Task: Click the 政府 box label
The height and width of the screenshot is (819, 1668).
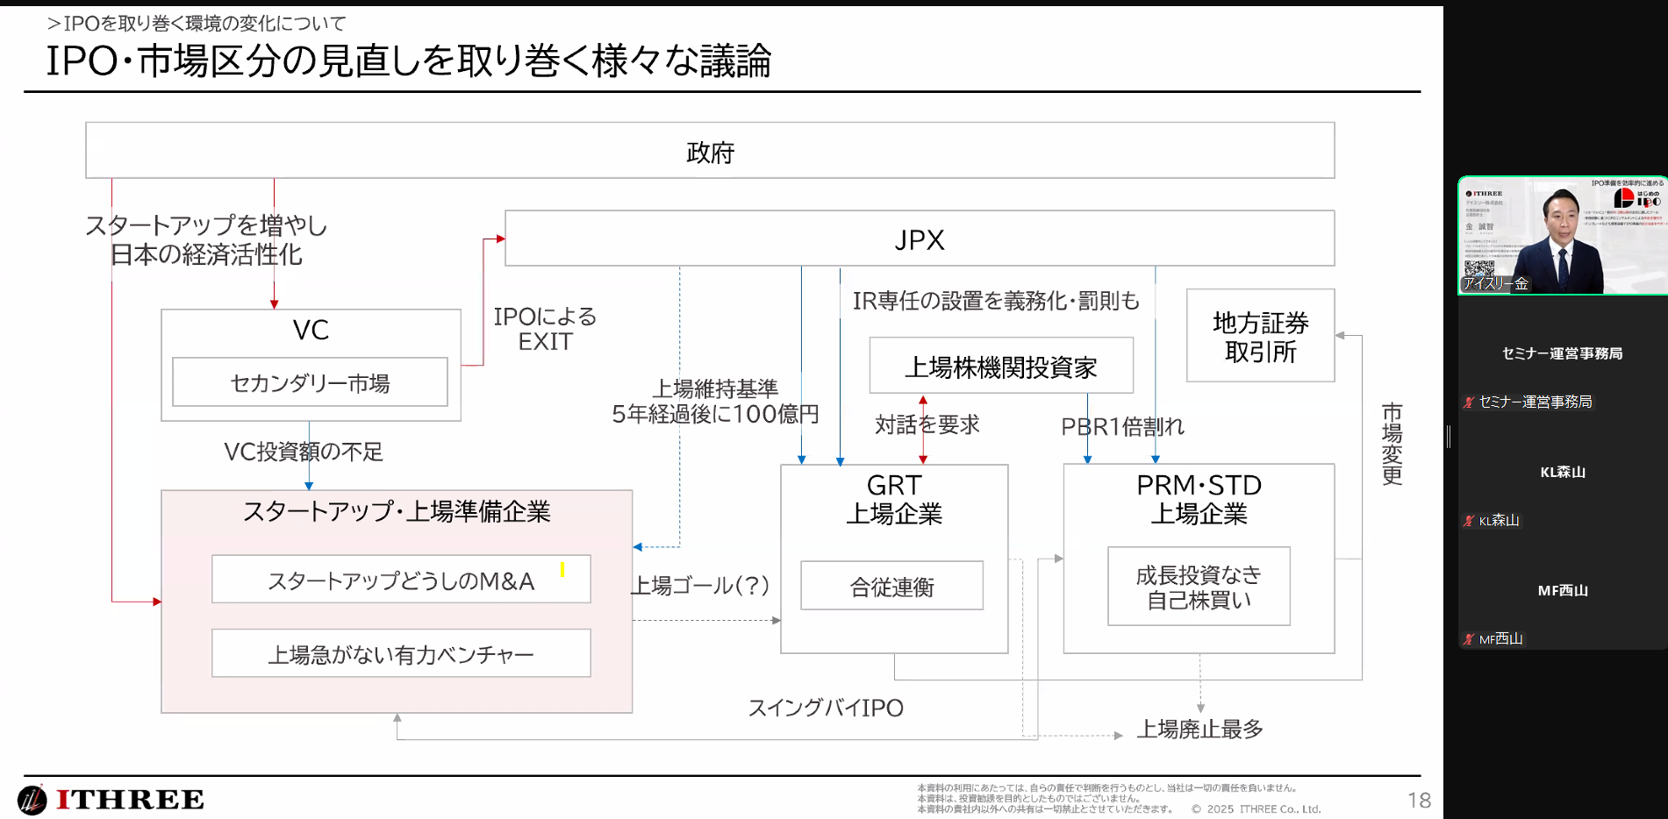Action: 710,153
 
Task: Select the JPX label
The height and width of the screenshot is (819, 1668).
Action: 920,239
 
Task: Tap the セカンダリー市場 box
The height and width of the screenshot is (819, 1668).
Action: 310,382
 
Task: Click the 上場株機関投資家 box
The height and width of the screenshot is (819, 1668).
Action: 1001,367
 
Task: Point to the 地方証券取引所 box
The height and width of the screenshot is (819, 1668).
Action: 1260,337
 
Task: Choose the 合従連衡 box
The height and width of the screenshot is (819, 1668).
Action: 891,586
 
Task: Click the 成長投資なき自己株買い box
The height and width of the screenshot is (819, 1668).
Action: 1199,587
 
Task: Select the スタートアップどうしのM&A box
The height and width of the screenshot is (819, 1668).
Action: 401,580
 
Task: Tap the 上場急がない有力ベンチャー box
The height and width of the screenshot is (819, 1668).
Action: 401,653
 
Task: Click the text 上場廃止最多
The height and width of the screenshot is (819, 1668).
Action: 1199,729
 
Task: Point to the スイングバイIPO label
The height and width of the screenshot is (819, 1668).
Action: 826,708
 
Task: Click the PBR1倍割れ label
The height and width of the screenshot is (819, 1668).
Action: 1122,427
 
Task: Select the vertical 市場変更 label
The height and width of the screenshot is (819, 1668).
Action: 1392,444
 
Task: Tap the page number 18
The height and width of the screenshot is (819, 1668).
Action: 1419,800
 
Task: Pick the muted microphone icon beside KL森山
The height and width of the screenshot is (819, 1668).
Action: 1469,521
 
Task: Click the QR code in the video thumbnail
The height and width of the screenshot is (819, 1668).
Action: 1479,270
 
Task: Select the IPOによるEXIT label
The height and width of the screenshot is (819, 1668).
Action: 545,329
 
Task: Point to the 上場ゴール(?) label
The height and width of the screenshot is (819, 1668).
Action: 700,585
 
